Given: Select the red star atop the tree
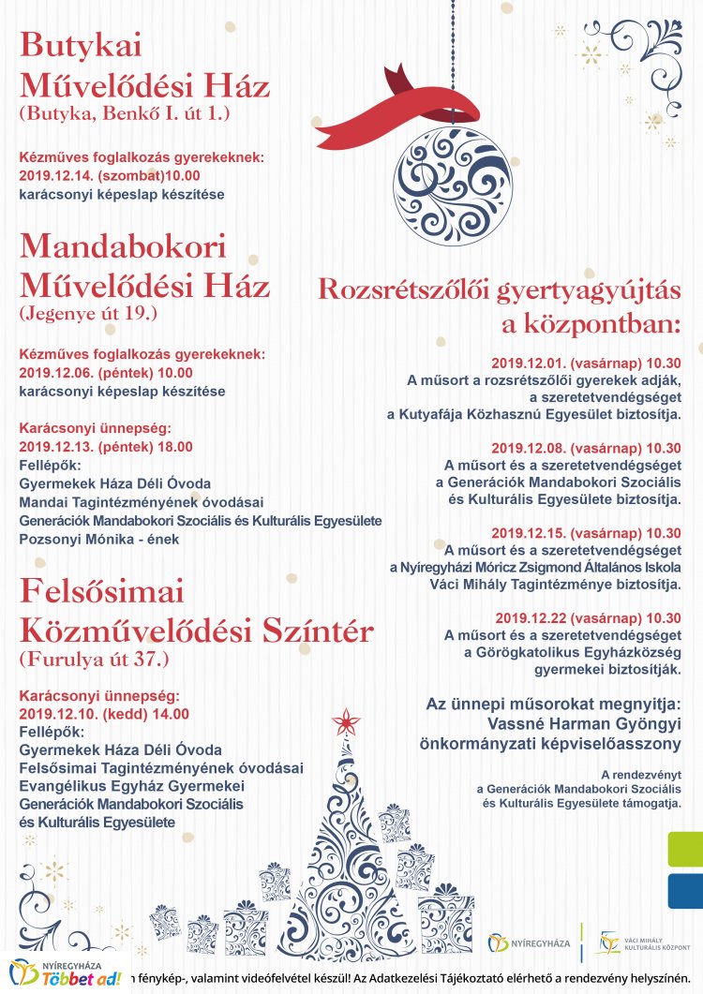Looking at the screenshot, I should tap(347, 722).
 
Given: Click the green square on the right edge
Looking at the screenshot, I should tap(684, 849).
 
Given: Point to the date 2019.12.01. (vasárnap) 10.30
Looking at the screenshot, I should tap(586, 363).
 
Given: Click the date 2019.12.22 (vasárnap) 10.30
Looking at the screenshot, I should tap(588, 617).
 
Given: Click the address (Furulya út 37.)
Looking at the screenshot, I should tap(94, 659).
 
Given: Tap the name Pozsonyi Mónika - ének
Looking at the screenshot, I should tap(98, 539).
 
